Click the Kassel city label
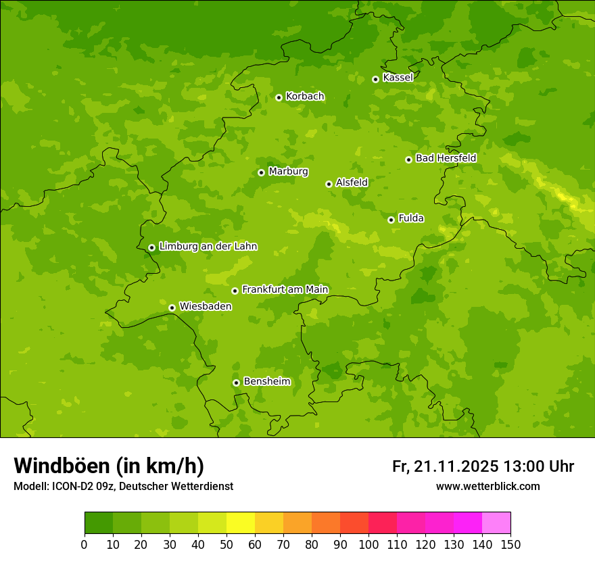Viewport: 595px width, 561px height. tap(398, 78)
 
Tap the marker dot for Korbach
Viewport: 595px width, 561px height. tap(279, 97)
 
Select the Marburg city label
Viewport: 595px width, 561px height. tap(288, 172)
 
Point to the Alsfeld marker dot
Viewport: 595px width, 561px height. tap(329, 184)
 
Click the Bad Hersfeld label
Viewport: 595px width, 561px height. tap(446, 158)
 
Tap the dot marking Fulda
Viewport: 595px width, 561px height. tap(391, 220)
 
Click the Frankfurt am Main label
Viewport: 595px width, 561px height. tap(285, 289)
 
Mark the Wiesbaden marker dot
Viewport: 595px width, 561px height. tap(172, 308)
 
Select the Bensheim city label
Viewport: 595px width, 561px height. tap(266, 381)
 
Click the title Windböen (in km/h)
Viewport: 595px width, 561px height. tap(109, 466)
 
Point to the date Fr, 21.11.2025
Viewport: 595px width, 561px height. tap(445, 466)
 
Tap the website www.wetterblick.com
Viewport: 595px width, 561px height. tap(487, 486)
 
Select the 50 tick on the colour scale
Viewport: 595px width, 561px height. tap(227, 544)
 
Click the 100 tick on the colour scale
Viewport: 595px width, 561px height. tap(368, 544)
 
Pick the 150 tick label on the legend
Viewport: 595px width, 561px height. tap(510, 544)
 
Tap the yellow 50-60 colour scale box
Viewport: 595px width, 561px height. tap(241, 523)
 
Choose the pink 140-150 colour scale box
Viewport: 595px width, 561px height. tap(496, 523)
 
